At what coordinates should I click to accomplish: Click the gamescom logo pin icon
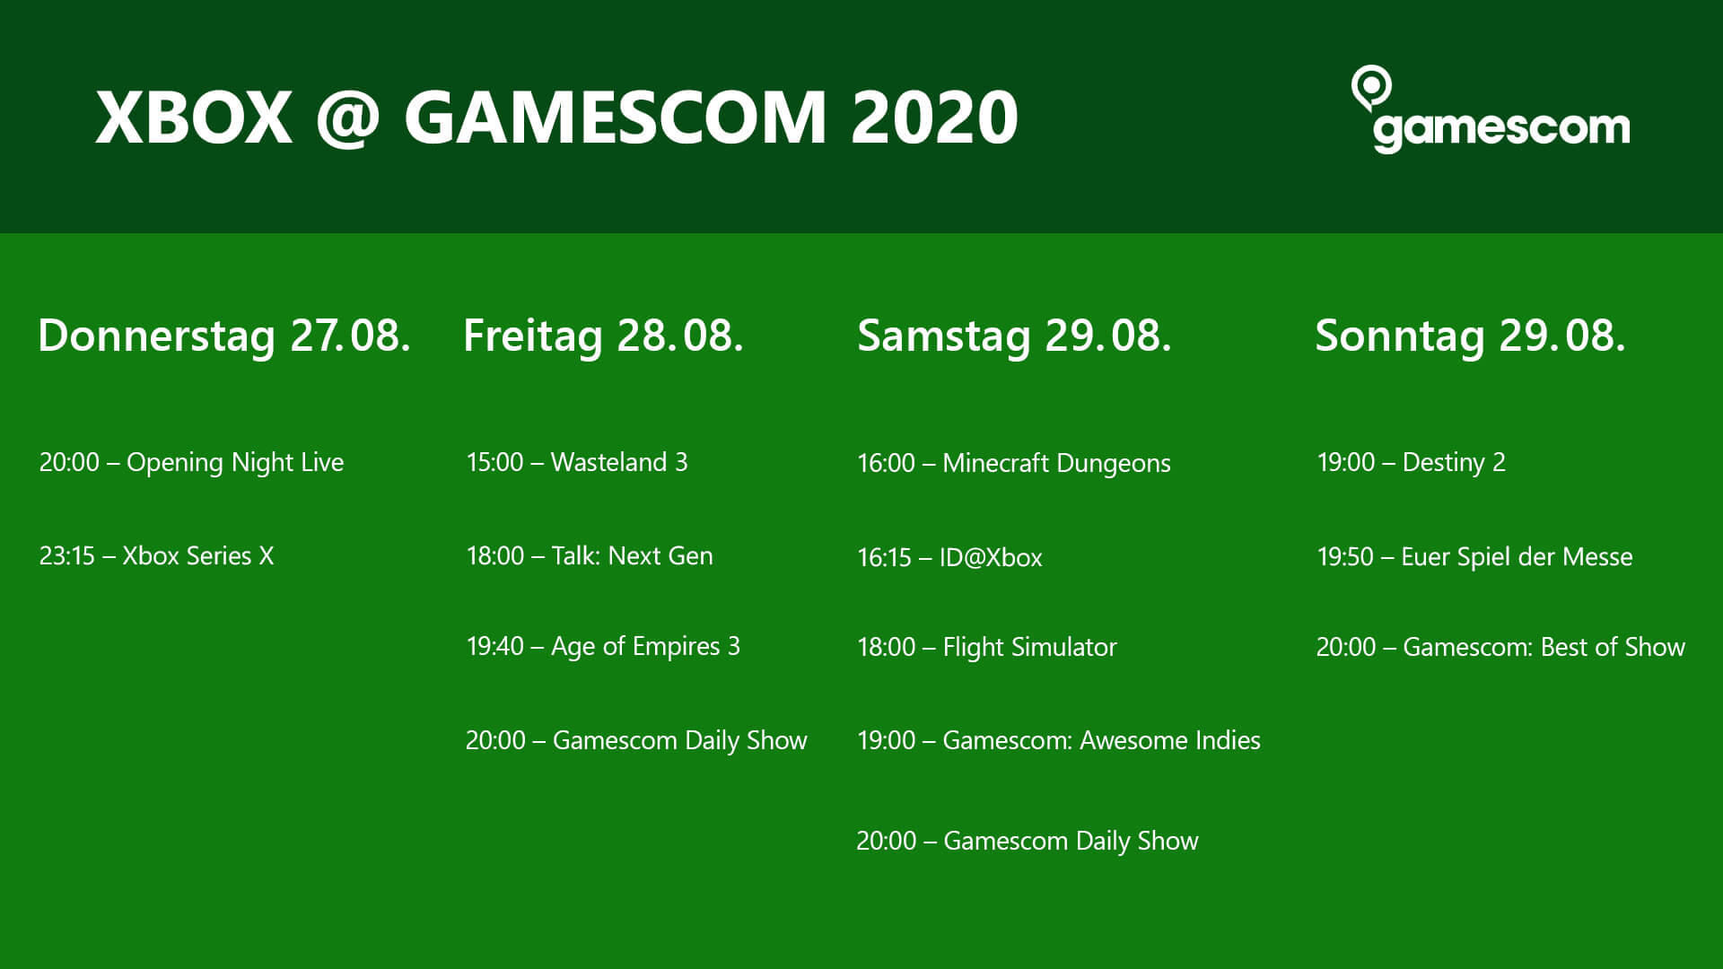1370,87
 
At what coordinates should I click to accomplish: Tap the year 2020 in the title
934,118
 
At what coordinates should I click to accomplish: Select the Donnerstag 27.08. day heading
224,336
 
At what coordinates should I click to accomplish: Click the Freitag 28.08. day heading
603,336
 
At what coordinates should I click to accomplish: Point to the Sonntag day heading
1470,336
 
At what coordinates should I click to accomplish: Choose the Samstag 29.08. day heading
1014,336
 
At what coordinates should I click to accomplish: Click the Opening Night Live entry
191,463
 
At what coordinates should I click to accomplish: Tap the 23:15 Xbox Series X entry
156,556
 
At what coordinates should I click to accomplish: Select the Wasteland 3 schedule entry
576,462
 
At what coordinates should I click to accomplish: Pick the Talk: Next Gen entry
589,556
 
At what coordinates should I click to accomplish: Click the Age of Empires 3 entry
602,647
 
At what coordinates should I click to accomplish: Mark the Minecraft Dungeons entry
1013,464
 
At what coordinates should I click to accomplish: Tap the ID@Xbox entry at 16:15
949,558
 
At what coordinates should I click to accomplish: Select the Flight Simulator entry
986,648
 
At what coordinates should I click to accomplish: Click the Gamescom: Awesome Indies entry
1058,740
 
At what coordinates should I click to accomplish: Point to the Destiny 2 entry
1411,463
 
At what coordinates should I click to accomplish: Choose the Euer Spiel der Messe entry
1474,557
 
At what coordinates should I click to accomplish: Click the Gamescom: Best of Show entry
1500,647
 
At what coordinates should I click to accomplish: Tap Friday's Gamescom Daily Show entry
636,741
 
